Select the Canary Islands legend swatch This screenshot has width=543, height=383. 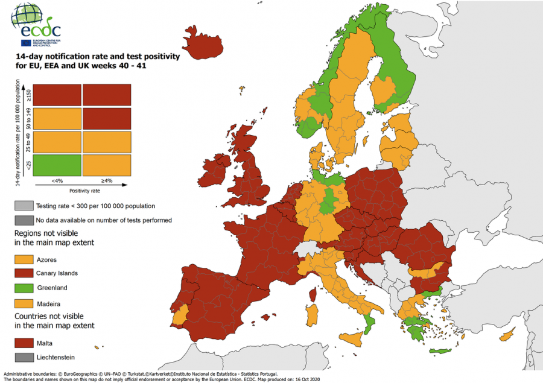(24, 273)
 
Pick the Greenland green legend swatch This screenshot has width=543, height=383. (24, 288)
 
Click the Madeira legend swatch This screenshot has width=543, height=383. (24, 303)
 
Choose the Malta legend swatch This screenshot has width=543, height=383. (24, 343)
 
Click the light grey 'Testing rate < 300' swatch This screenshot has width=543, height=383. (24, 206)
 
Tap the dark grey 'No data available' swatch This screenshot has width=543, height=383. (24, 220)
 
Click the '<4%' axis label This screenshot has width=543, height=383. (57, 180)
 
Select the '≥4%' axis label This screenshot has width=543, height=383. (107, 180)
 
